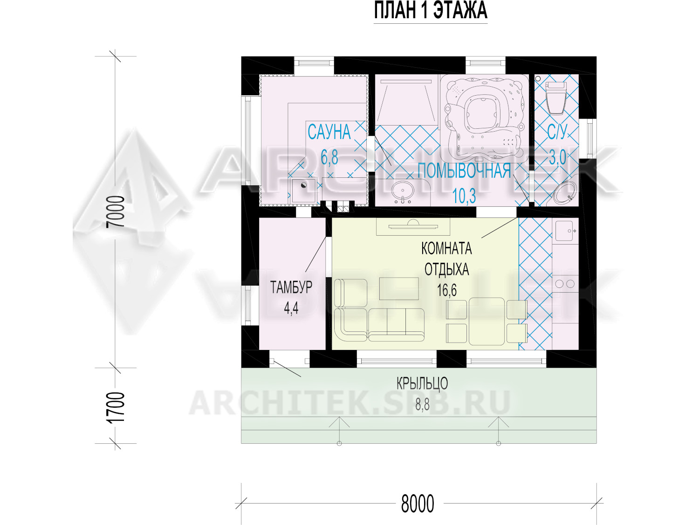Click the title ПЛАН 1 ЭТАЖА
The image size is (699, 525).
(430, 11)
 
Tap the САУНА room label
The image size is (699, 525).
(329, 132)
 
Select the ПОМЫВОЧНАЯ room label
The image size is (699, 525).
(464, 170)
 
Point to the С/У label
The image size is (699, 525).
(557, 132)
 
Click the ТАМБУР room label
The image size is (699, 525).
(291, 287)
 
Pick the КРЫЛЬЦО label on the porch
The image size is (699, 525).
(422, 384)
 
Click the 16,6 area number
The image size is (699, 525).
(446, 290)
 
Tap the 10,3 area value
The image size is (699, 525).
(464, 196)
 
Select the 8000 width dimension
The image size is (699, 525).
(417, 504)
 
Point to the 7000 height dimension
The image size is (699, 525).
(115, 212)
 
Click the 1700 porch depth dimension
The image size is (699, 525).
(115, 408)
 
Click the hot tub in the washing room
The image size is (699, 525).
(484, 118)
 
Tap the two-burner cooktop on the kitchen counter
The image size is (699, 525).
(565, 283)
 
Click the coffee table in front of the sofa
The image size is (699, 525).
(399, 288)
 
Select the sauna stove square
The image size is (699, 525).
(303, 190)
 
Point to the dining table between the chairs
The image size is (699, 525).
(487, 322)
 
